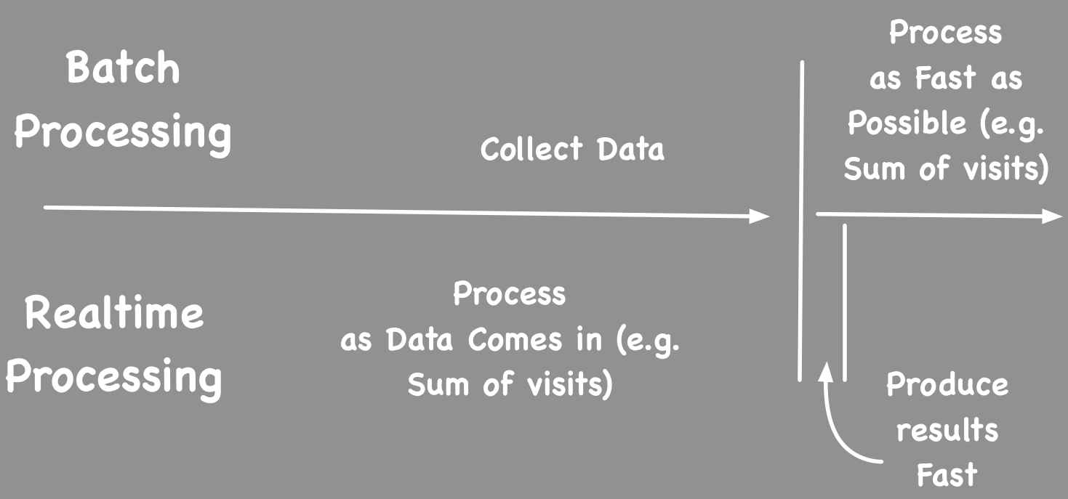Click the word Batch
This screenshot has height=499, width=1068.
click(x=123, y=70)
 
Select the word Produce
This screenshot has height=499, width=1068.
click(x=947, y=386)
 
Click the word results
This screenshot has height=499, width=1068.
click(x=947, y=431)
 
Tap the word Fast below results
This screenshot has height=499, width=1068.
click(x=947, y=476)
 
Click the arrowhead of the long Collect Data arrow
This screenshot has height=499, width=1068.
click(x=760, y=216)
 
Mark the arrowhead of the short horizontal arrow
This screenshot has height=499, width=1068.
click(x=1053, y=216)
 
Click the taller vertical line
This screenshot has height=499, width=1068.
click(x=802, y=218)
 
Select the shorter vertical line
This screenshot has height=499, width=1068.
click(x=844, y=301)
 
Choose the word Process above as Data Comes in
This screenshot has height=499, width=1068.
click(x=509, y=295)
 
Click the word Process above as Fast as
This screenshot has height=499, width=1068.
click(x=945, y=34)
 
